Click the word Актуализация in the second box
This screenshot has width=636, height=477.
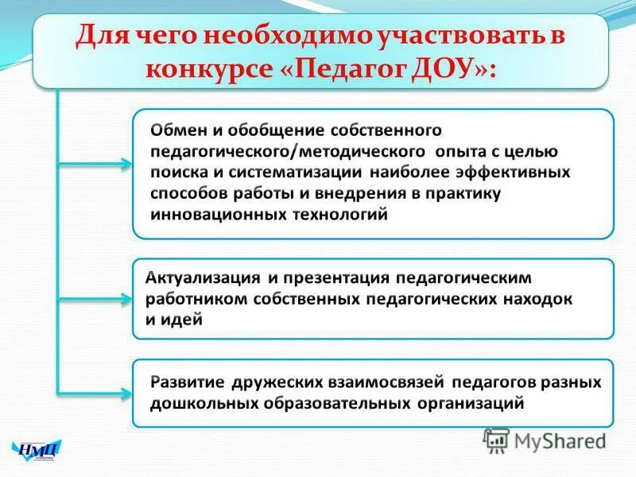[204, 279]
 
